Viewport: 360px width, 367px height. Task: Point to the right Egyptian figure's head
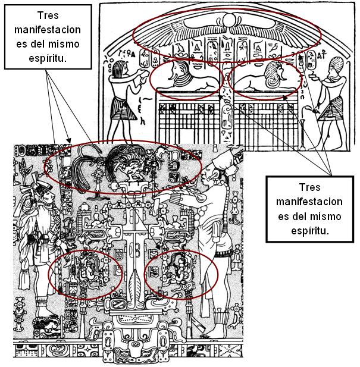pyautogui.click(x=335, y=65)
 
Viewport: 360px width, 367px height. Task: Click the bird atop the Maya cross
pyautogui.click(x=127, y=167)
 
